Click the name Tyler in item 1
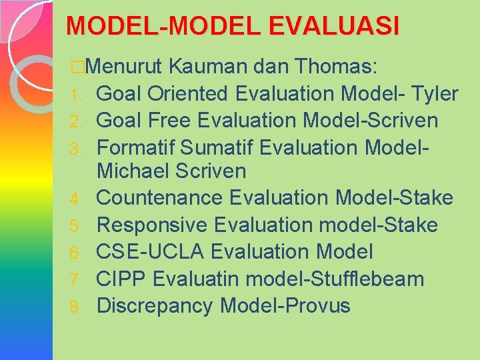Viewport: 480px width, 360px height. pos(435,94)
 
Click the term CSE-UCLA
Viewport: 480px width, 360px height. pos(151,252)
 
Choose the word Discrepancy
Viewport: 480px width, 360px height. pos(155,305)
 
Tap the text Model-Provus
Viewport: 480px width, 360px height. pos(285,305)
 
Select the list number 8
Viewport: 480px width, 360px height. pos(76,307)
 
